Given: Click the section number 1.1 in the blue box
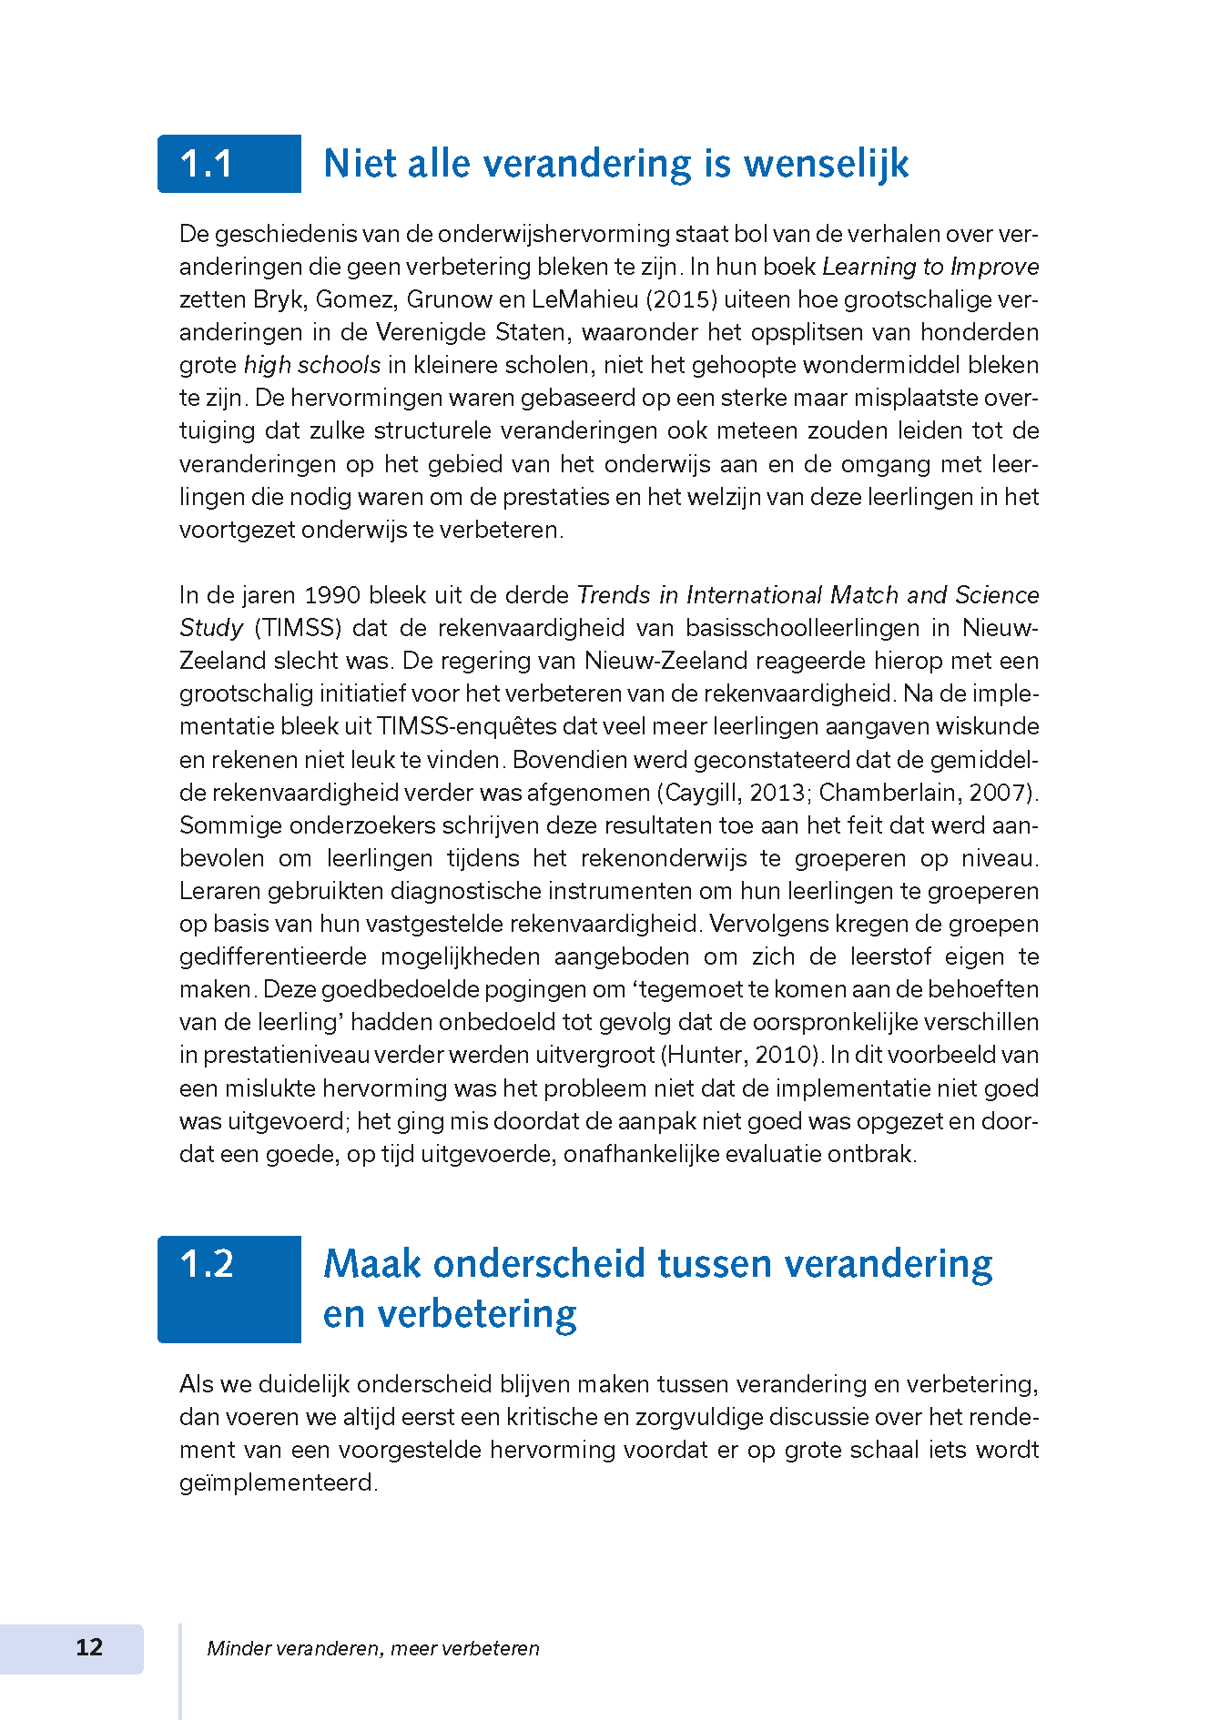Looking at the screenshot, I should click(x=207, y=165).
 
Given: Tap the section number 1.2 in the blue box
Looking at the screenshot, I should click(x=208, y=1264).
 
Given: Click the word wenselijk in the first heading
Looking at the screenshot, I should click(x=826, y=165).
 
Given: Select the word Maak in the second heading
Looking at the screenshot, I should click(x=372, y=1264).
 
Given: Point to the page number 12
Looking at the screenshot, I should click(x=89, y=1647).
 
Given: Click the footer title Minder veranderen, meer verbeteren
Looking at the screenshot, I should click(x=373, y=1648).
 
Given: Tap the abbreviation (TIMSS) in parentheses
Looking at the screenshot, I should click(x=299, y=628).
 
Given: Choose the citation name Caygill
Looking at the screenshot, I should click(x=703, y=793).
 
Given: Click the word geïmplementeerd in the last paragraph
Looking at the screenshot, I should click(x=278, y=1482).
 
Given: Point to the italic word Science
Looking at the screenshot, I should click(x=998, y=595).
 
